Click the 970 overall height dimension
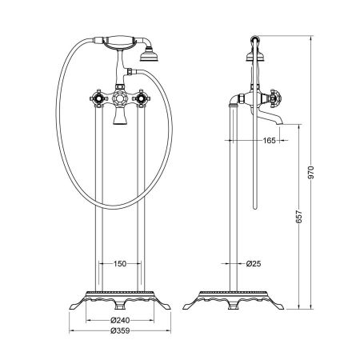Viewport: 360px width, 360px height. click(x=312, y=173)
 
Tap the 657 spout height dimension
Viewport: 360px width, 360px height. click(x=299, y=217)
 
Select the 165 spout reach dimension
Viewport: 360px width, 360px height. click(x=269, y=140)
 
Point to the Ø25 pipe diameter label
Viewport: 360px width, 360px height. click(x=254, y=264)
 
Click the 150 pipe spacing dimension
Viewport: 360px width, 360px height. click(x=120, y=264)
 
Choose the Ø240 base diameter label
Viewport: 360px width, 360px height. click(x=120, y=320)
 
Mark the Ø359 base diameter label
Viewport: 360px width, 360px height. click(x=120, y=330)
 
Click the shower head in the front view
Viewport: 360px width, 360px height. click(x=146, y=55)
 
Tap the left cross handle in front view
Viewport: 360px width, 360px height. click(x=98, y=98)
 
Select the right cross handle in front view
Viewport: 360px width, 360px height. click(x=141, y=98)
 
